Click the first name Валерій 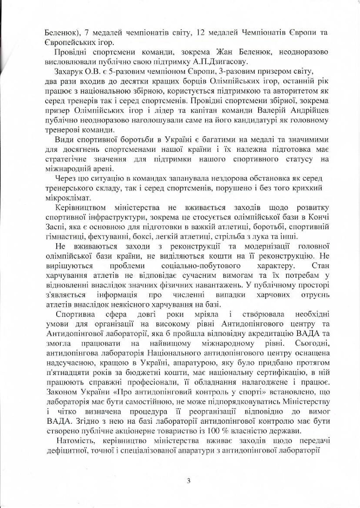(271, 110)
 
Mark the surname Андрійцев (310, 110)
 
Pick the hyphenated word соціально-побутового (201, 266)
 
